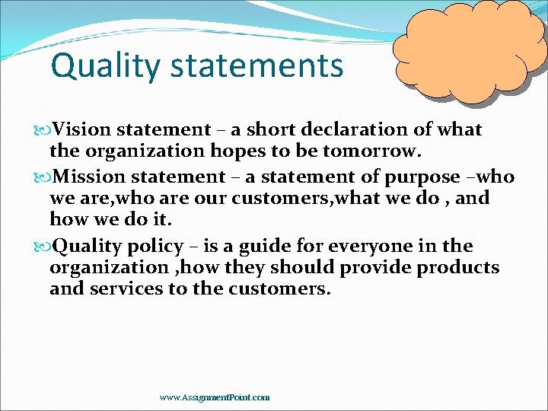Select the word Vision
(x=82, y=130)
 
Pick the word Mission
(x=89, y=177)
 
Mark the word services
(x=126, y=288)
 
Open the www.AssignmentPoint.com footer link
(x=215, y=397)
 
